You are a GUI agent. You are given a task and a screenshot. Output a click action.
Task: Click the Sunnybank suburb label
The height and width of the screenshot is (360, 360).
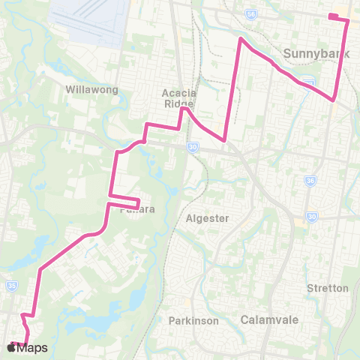pyautogui.click(x=313, y=53)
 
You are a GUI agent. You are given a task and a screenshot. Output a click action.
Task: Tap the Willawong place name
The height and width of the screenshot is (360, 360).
pyautogui.click(x=92, y=89)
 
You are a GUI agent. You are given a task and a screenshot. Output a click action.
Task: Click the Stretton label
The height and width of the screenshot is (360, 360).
pyautogui.click(x=328, y=288)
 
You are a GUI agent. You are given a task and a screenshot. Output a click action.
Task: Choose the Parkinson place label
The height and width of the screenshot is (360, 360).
pyautogui.click(x=193, y=320)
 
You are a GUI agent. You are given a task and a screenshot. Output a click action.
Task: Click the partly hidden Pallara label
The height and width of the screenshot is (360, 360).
pyautogui.click(x=136, y=210)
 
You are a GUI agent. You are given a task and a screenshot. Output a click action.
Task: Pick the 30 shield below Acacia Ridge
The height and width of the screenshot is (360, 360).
pyautogui.click(x=193, y=146)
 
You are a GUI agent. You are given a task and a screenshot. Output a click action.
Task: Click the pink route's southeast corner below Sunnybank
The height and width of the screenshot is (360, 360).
pyautogui.click(x=333, y=98)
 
